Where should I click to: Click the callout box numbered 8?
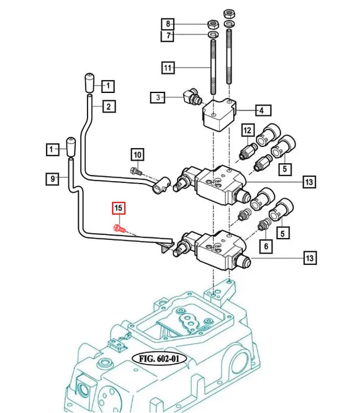coord(167,24)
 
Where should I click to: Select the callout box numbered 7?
coord(167,37)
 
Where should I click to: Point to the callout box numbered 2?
coord(108,107)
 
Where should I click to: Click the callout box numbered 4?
coord(261,110)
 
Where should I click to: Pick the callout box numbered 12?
coord(247,130)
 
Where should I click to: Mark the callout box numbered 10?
coord(137,154)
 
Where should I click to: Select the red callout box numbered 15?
coord(118,208)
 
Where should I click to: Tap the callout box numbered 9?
coord(55,179)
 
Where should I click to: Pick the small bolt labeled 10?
coord(137,171)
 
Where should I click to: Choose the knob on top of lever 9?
coord(71,146)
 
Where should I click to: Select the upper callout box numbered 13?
coord(308,182)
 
